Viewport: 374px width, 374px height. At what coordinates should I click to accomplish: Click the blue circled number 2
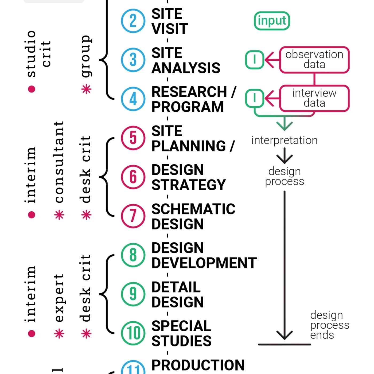point(133,21)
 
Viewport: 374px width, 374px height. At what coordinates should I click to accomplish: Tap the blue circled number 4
point(133,99)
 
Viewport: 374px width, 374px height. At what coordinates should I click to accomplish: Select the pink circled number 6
point(133,177)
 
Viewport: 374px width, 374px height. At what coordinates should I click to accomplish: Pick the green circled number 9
point(133,294)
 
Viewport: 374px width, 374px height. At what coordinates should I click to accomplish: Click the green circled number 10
point(133,333)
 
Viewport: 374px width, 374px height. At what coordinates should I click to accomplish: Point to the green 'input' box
point(272,21)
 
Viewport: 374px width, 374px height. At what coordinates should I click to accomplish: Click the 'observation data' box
point(314,60)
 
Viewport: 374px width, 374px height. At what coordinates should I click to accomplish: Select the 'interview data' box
point(314,98)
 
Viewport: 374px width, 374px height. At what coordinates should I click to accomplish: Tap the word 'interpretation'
point(284,140)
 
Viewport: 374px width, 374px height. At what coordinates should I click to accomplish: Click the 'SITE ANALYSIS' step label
point(186,60)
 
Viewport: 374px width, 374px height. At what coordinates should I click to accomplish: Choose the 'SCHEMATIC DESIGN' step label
point(193,216)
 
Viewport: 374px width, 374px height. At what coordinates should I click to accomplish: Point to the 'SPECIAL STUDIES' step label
point(181,333)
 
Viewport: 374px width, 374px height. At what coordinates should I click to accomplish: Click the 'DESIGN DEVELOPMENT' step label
point(204,255)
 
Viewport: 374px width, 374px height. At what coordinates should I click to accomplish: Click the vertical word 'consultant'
point(59,162)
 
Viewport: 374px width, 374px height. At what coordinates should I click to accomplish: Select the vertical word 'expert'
point(59,298)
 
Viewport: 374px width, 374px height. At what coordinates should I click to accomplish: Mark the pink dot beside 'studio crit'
point(32,89)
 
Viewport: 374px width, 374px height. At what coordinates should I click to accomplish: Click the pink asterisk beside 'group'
point(86,89)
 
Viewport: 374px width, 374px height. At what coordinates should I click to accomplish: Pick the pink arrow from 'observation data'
point(272,60)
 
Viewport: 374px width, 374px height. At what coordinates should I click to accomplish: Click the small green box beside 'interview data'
point(255,98)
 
